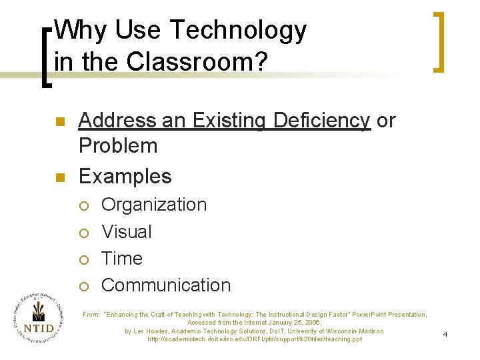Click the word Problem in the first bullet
118,145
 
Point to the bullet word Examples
125,176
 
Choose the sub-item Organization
154,205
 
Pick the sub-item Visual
126,232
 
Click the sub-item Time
121,258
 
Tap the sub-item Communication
165,285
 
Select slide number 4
445,333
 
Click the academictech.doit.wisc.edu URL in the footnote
255,339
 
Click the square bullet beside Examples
59,177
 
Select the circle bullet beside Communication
83,286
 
